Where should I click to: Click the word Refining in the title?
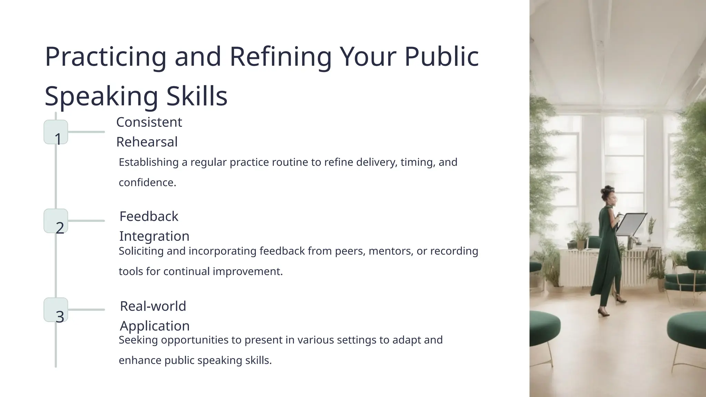280,57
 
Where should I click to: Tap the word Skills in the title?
197,96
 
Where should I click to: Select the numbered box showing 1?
56,132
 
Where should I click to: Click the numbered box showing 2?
56,221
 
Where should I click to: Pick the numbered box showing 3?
56,310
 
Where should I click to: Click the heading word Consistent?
149,122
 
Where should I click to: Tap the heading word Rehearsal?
147,142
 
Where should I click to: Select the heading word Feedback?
149,217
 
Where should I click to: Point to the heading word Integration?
154,236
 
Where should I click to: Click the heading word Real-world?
153,306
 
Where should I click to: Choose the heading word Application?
154,326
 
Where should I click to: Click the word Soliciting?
141,251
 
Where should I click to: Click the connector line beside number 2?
86,221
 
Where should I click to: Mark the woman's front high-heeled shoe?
603,313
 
